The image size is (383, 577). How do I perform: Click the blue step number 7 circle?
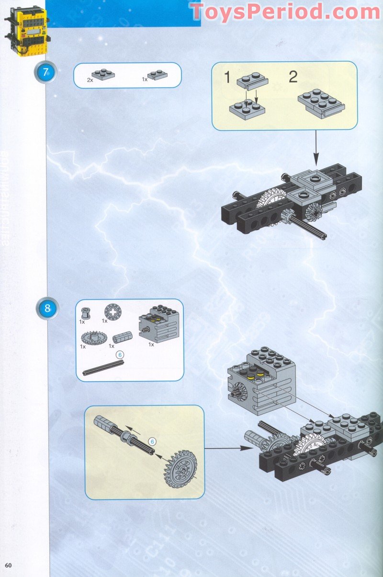[x=46, y=73]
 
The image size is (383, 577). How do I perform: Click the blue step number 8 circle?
[x=47, y=309]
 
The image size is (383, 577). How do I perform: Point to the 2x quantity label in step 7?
[x=90, y=80]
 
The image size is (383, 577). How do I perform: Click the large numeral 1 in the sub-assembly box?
[x=228, y=77]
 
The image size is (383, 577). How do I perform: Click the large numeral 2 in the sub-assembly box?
[x=293, y=77]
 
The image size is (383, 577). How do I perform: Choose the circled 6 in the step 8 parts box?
[x=120, y=354]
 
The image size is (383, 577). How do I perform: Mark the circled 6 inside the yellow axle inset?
[x=152, y=441]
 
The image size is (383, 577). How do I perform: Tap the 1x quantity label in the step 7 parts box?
[x=145, y=79]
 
